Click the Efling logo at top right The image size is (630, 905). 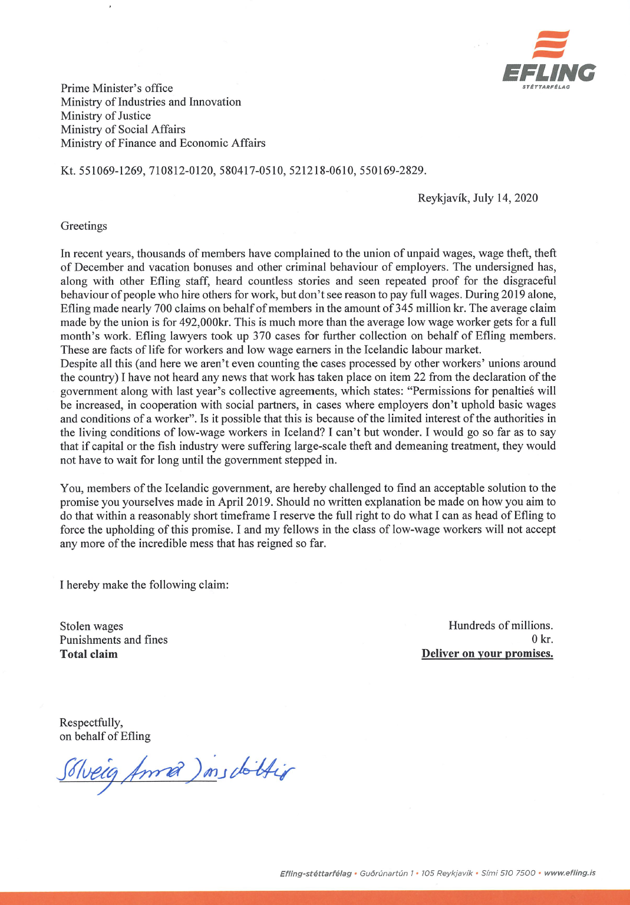coord(549,60)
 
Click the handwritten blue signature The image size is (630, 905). coord(175,772)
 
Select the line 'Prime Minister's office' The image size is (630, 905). coord(117,88)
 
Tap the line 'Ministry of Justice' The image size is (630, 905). coord(105,116)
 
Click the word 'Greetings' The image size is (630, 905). coord(84,226)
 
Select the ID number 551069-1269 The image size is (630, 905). coord(111,171)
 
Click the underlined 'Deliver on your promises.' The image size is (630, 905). coord(487,654)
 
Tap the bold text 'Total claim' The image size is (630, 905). coord(88,654)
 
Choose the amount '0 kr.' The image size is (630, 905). coord(542,640)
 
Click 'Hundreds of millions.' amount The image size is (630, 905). coord(500,626)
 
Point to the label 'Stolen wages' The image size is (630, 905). coord(91,626)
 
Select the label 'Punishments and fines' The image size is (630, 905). coord(113,640)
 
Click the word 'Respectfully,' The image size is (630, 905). coord(91,723)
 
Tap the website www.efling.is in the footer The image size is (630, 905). coord(569,873)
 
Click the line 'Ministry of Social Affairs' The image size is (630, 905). coord(123,130)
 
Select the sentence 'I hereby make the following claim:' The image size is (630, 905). coord(144,585)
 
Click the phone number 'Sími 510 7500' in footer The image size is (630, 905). coord(508,873)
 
